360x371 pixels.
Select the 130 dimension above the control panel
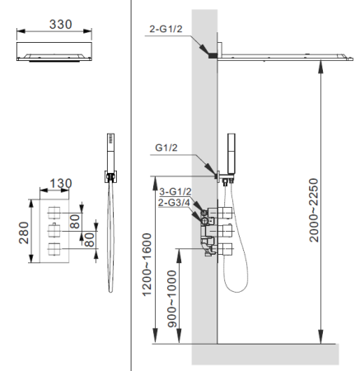click(x=61, y=182)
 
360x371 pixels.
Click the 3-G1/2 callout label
click(x=175, y=191)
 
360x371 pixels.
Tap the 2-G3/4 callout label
click(x=175, y=202)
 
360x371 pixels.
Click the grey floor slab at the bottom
click(x=264, y=353)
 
